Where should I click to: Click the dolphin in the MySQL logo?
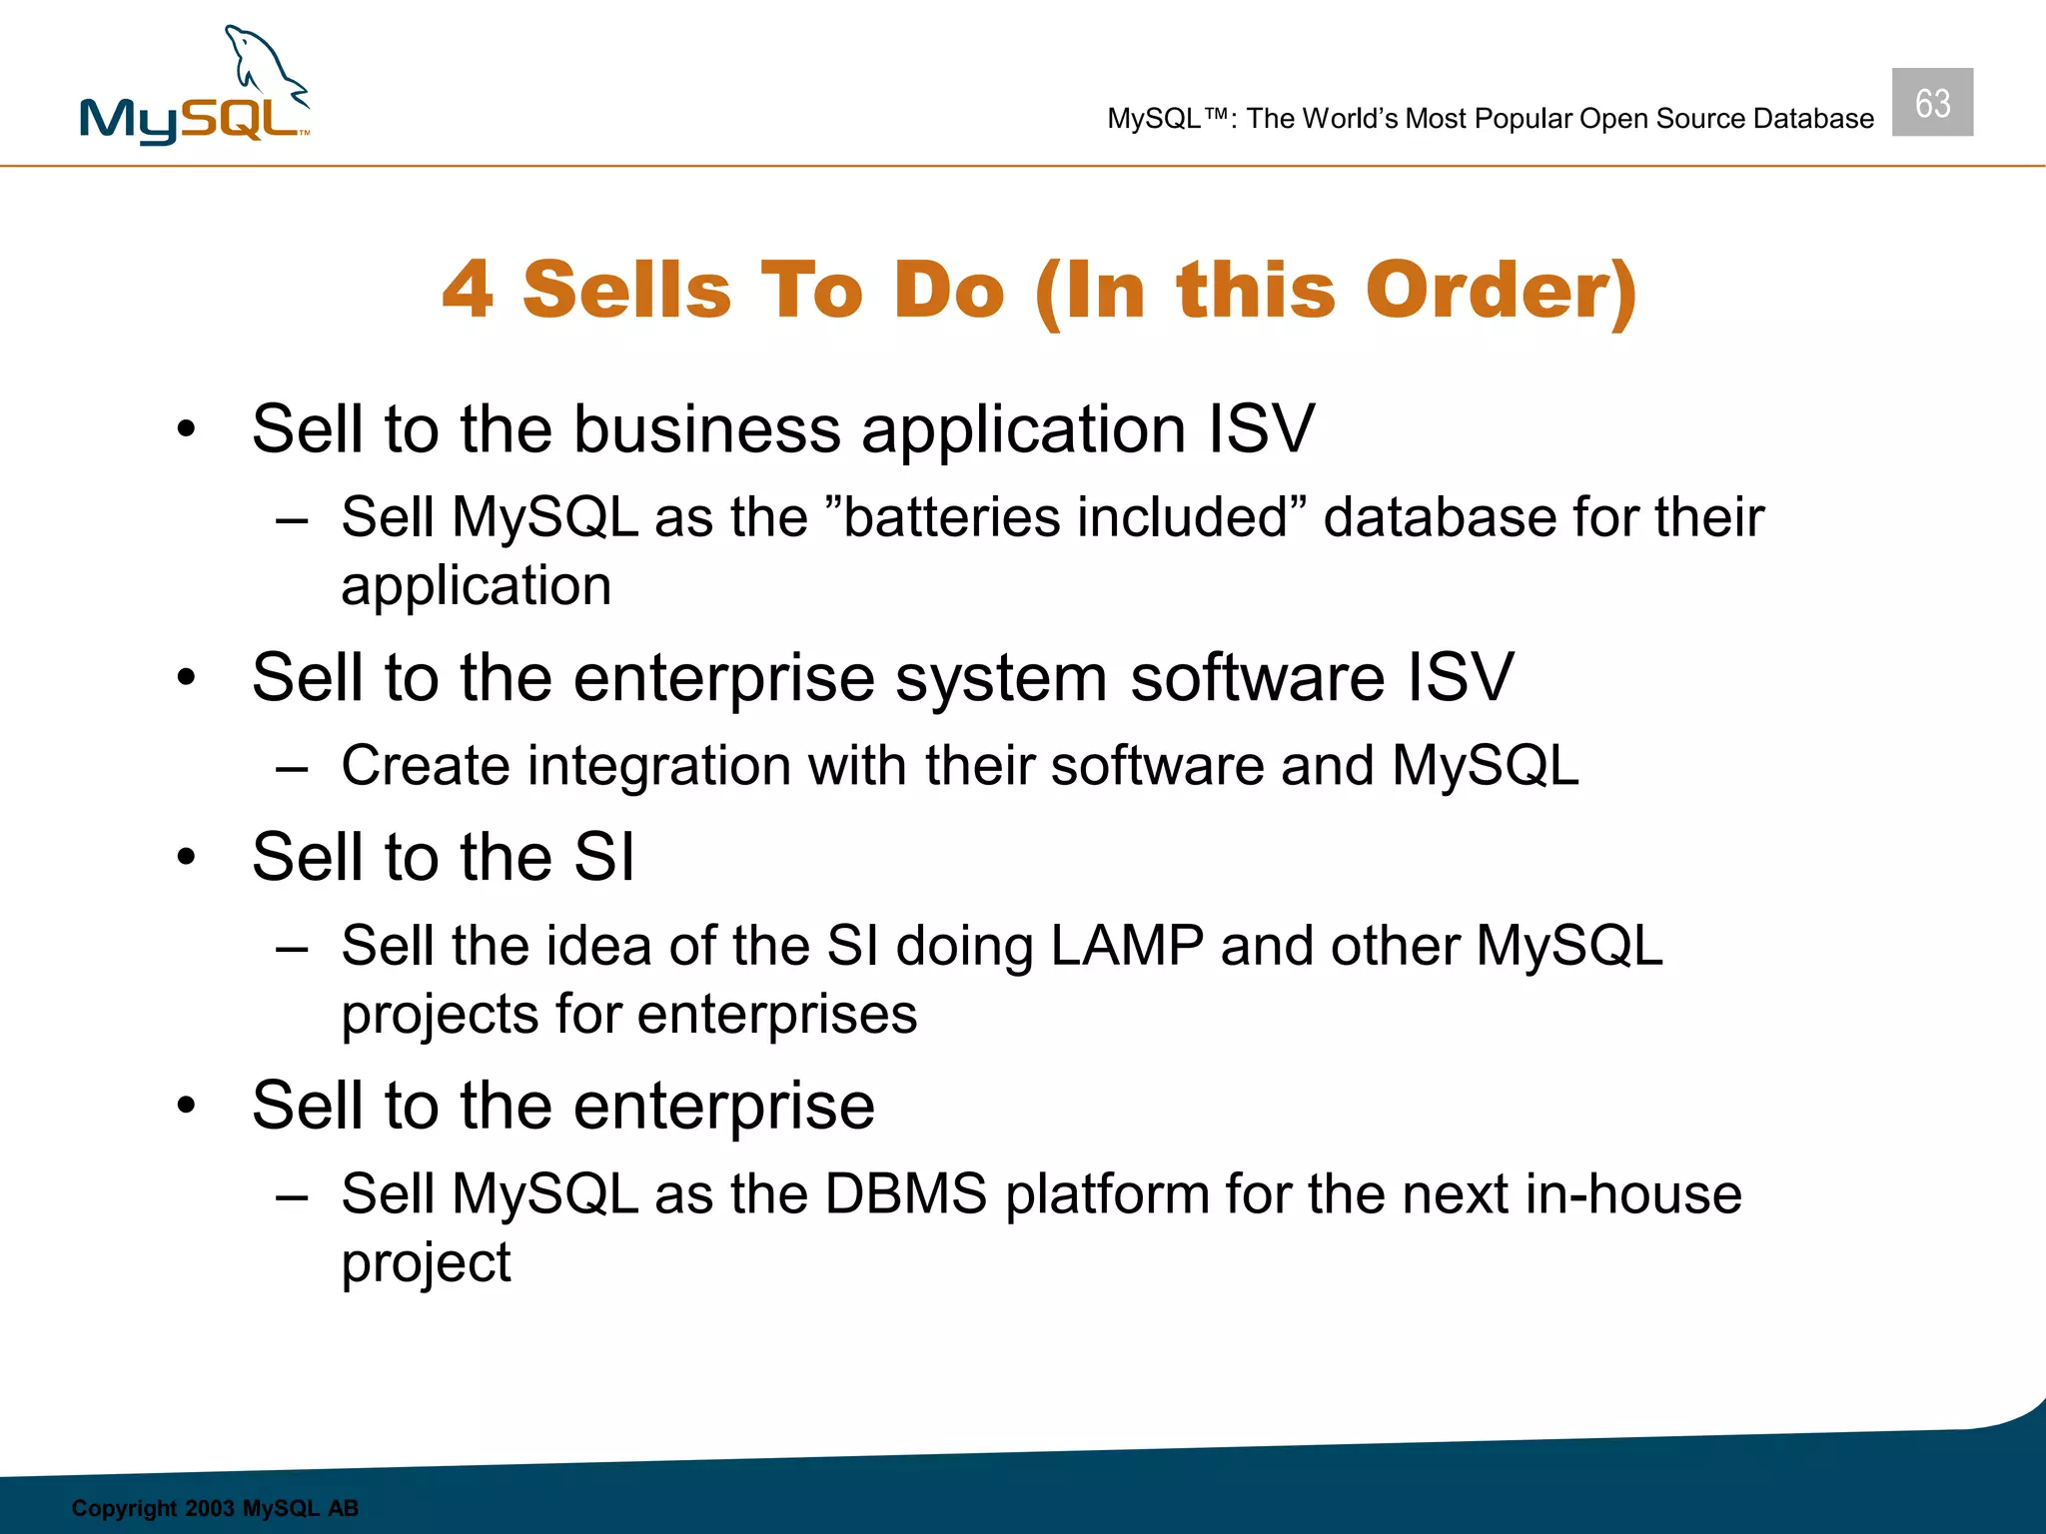[262, 66]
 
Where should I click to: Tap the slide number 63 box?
[1931, 102]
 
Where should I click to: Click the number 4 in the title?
[469, 290]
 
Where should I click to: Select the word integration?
[659, 766]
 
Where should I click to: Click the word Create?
[426, 766]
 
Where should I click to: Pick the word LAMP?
[1127, 945]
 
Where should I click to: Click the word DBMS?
[905, 1193]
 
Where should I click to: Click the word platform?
[1107, 1195]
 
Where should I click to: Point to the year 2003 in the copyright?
[209, 1508]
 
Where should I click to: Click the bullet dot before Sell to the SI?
[186, 858]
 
